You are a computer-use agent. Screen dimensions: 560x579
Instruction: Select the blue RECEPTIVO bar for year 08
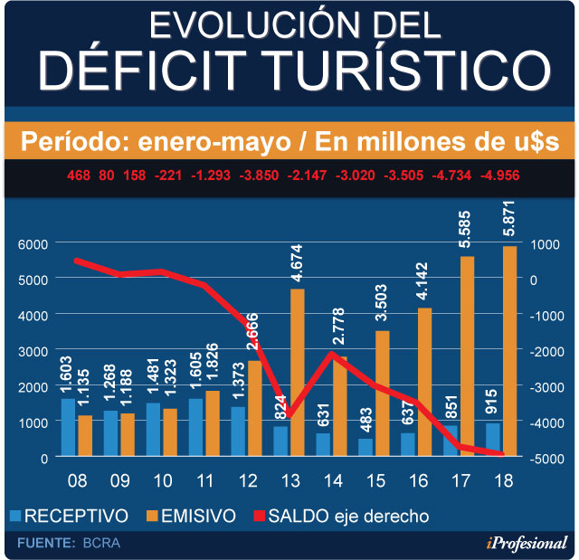[x=68, y=428]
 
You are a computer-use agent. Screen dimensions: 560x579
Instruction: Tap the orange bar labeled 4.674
[x=298, y=373]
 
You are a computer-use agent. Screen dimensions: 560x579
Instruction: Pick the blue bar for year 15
[x=365, y=448]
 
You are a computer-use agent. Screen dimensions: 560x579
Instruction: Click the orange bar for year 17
[x=468, y=356]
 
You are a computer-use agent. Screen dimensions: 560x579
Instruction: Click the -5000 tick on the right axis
[x=546, y=459]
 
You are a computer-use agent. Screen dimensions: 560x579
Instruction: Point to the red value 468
[x=79, y=175]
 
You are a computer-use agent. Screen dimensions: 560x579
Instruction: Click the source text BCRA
[x=100, y=543]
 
